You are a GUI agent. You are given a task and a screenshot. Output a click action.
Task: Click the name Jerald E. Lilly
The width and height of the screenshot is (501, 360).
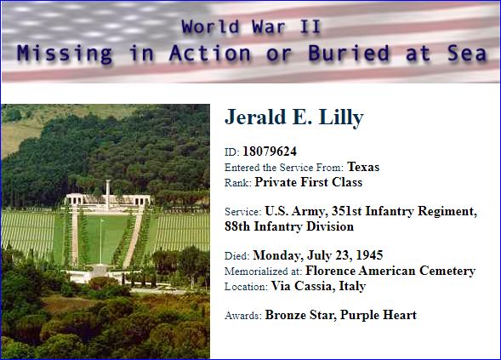pyautogui.click(x=294, y=117)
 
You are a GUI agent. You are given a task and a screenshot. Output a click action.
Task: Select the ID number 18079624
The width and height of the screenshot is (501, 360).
pyautogui.click(x=270, y=151)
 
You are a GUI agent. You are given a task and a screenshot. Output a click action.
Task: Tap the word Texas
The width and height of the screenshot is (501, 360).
pyautogui.click(x=363, y=167)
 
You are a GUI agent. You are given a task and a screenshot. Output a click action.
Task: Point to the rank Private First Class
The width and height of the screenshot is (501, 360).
pyautogui.click(x=309, y=182)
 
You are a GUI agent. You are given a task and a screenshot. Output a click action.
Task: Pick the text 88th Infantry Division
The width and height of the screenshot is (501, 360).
pyautogui.click(x=289, y=226)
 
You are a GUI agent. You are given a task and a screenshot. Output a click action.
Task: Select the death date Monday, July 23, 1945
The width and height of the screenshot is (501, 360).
pyautogui.click(x=318, y=255)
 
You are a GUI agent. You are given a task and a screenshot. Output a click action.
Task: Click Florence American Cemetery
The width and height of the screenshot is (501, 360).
pyautogui.click(x=390, y=271)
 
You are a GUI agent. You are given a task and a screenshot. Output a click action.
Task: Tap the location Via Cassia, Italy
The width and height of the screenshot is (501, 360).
pyautogui.click(x=319, y=286)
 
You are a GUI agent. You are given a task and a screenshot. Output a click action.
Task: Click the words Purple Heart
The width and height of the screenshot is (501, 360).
pyautogui.click(x=379, y=315)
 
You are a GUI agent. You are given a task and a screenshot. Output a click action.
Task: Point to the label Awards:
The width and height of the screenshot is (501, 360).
pyautogui.click(x=243, y=316)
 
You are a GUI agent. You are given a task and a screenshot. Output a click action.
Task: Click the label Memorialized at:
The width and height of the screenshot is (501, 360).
pyautogui.click(x=264, y=271)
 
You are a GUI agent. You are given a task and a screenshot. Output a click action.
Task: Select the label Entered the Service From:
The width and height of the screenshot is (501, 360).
pyautogui.click(x=284, y=168)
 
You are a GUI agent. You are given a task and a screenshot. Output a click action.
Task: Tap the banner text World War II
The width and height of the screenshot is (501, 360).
pyautogui.click(x=251, y=26)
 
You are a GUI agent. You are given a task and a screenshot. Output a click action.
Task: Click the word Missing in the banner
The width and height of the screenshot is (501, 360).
pyautogui.click(x=65, y=53)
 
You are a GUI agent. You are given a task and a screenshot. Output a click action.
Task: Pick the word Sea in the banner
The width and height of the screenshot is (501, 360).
pyautogui.click(x=467, y=53)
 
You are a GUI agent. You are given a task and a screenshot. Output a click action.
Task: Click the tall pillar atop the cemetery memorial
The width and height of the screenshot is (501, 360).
pyautogui.click(x=108, y=194)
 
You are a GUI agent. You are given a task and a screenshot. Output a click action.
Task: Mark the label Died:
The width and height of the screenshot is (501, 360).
pyautogui.click(x=237, y=256)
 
